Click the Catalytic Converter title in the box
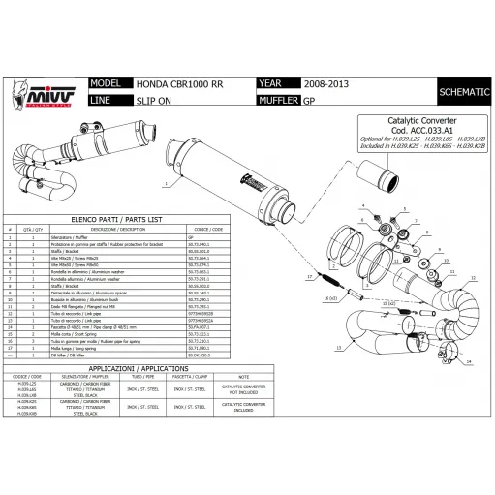click(399, 123)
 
